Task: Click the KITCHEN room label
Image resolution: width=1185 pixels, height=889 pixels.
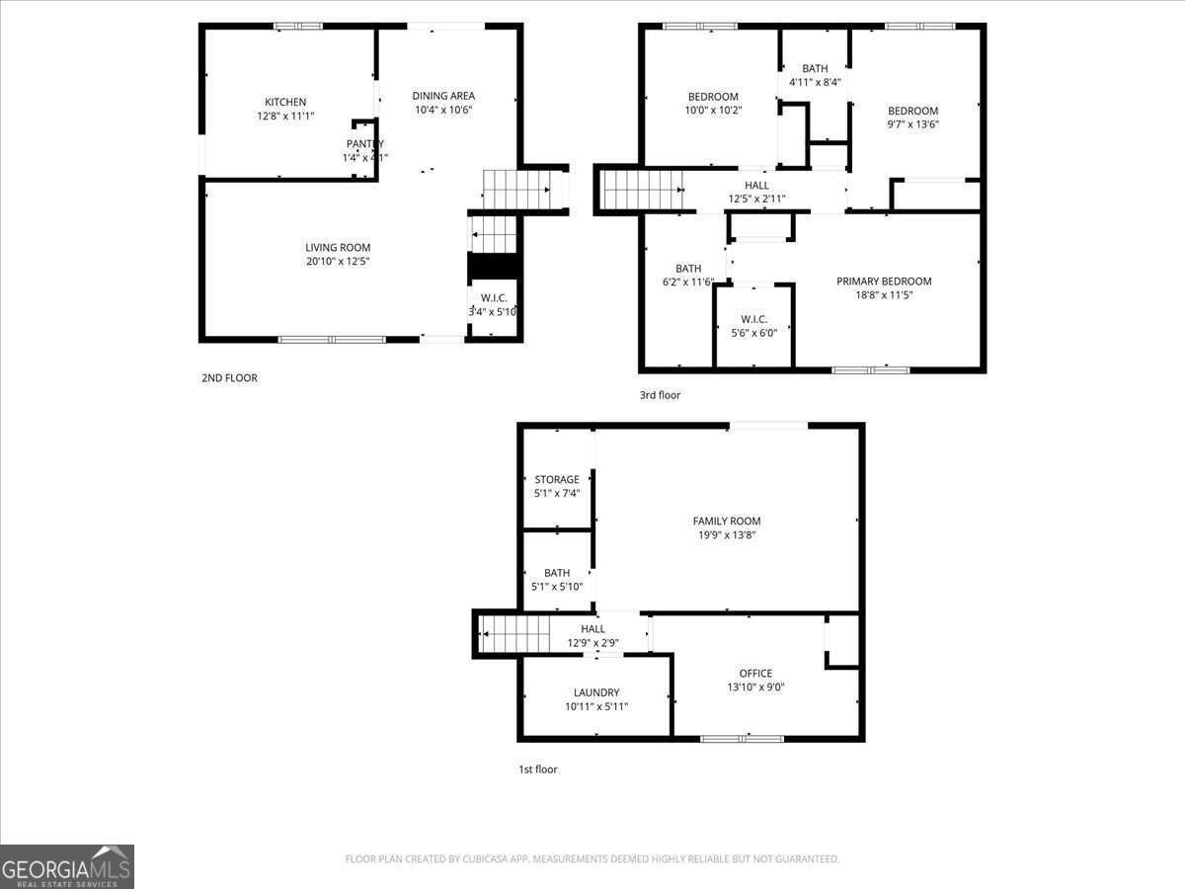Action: click(x=285, y=103)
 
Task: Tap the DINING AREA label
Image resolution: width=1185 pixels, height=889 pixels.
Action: click(x=443, y=96)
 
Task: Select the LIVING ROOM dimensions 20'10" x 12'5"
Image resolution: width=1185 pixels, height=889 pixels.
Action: click(x=337, y=262)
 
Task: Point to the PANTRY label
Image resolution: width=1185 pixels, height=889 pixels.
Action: click(x=364, y=144)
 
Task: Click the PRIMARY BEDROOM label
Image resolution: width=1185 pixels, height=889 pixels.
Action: click(x=884, y=282)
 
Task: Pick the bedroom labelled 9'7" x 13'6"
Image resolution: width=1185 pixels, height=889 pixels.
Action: click(x=912, y=118)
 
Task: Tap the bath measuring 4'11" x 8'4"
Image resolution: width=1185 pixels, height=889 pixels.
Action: click(x=815, y=75)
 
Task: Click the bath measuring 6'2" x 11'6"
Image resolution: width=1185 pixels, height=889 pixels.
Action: click(x=688, y=276)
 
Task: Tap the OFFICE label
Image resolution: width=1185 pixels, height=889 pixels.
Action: click(x=756, y=674)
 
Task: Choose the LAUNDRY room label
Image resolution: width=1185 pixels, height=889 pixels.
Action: click(x=596, y=692)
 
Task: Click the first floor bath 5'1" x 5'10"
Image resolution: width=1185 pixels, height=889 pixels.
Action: click(x=557, y=579)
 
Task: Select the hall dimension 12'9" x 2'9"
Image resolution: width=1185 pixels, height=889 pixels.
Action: click(x=592, y=643)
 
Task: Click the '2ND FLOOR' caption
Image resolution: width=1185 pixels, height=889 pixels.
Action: click(x=229, y=377)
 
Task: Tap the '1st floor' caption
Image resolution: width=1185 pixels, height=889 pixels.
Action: click(x=537, y=769)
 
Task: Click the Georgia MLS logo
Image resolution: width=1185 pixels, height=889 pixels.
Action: click(x=67, y=866)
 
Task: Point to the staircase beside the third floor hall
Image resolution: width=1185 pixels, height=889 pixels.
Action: click(x=642, y=190)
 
